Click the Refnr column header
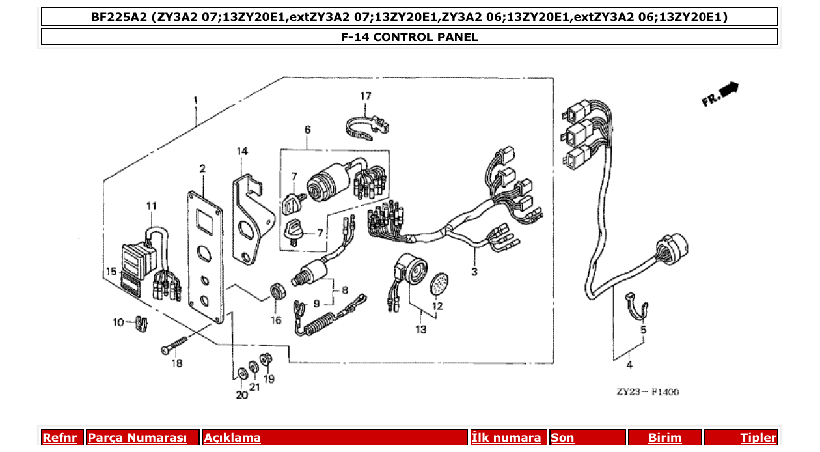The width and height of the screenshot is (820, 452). (x=59, y=438)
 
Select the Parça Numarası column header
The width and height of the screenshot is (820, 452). (x=137, y=438)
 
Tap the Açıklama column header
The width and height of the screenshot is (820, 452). (x=232, y=438)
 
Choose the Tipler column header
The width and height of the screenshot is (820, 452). (x=758, y=438)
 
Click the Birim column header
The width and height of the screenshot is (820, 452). (x=664, y=438)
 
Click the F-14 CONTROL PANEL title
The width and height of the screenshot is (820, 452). (x=409, y=37)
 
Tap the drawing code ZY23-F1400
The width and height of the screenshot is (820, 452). (x=648, y=392)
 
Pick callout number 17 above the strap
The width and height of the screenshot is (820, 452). (x=366, y=96)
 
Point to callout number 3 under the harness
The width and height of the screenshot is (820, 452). (x=474, y=272)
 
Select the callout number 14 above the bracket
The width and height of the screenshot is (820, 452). (x=242, y=151)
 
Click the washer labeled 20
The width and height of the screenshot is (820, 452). (x=241, y=373)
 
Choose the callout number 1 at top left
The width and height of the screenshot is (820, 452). (x=195, y=100)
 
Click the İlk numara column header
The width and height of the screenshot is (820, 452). (x=506, y=438)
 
